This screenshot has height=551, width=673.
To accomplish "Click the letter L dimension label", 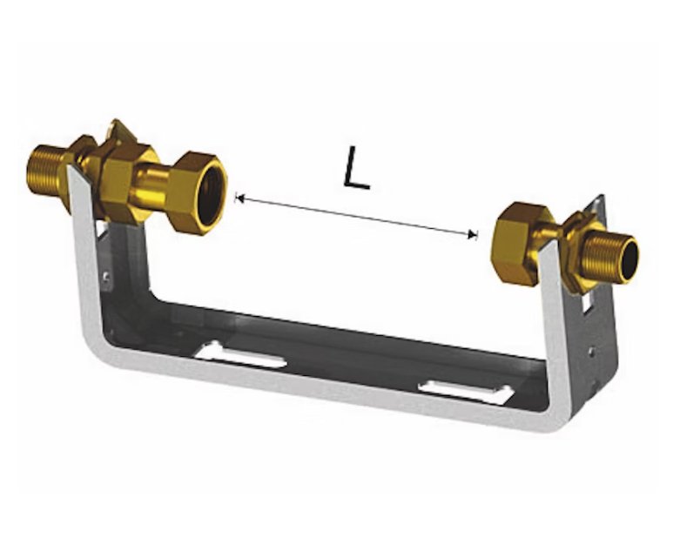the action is pos(356,168).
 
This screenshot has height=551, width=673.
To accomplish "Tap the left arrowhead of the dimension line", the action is pos(240,198).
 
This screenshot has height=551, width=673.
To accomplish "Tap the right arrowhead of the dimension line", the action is pos(473,234).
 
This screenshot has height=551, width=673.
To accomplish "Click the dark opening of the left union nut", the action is pos(211,192).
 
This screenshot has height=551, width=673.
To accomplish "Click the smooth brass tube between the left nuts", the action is pos(151,184).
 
